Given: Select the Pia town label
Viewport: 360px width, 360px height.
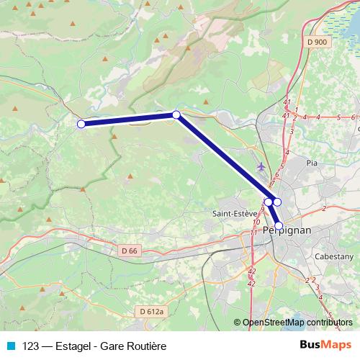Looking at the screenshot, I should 311,163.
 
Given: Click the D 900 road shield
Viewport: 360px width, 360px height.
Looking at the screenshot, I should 316,42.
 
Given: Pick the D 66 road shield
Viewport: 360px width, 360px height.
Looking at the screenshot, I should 128,251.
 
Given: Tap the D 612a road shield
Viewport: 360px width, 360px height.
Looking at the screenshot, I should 149,311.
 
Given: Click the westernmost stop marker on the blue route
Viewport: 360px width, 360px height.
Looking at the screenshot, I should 81,124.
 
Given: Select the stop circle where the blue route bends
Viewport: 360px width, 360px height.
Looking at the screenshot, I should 176,114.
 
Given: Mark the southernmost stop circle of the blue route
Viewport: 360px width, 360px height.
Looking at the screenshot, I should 279,225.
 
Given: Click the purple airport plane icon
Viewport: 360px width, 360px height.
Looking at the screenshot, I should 260,167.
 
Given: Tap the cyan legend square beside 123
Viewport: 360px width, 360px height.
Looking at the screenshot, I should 10,346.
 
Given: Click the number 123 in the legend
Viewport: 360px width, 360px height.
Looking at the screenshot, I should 31,346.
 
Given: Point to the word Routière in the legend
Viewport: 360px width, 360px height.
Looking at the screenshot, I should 147,346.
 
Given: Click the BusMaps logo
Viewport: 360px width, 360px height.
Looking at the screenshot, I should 325,345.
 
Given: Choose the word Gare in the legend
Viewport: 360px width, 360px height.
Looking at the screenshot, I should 114,346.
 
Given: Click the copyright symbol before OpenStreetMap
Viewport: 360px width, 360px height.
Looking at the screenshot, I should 238,323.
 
